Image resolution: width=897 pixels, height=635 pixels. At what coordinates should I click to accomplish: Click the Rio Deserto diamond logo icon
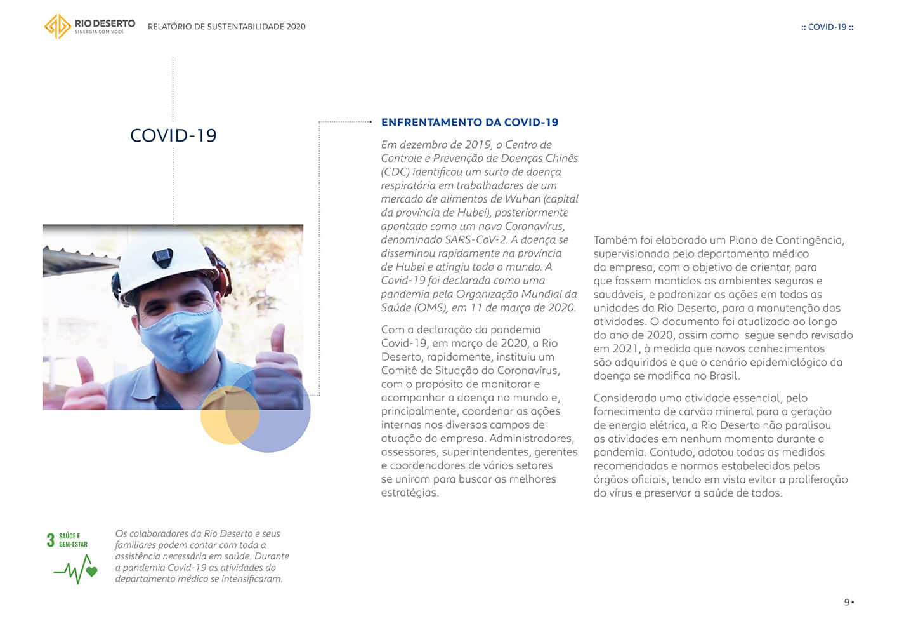57,27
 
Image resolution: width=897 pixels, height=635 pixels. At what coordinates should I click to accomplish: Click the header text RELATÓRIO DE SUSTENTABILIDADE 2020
226,27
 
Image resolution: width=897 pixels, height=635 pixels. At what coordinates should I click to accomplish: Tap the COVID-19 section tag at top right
827,27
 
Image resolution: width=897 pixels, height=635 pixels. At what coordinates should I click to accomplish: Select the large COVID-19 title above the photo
173,135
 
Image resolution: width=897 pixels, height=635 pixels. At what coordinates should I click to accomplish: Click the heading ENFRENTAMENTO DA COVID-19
469,123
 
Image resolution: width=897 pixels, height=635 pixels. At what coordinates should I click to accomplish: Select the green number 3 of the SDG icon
50,540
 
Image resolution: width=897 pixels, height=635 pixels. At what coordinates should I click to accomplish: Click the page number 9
846,602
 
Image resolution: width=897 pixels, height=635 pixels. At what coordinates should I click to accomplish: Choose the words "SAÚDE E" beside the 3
70,536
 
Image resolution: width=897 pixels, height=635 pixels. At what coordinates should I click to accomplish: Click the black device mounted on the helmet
162,257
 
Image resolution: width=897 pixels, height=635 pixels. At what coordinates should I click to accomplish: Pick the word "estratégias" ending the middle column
409,493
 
